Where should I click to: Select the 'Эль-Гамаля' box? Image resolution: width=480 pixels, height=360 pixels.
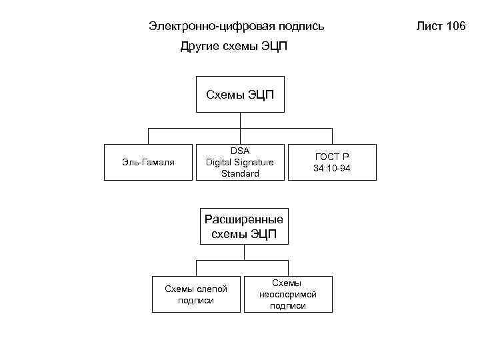149,162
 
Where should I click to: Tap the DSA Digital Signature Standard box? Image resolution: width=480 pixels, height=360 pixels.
240,162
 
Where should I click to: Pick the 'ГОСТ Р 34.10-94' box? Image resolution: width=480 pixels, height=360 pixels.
331,162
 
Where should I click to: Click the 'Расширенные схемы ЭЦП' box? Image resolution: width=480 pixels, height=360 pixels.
244,227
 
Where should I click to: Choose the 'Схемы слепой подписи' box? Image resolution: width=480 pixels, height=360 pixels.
196,294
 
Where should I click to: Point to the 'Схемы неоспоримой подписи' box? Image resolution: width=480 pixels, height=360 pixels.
288,294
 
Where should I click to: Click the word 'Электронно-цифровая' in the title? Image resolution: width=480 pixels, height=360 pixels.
201,27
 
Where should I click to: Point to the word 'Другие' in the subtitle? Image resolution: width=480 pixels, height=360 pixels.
197,48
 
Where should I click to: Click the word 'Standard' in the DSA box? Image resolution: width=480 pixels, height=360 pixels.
240,174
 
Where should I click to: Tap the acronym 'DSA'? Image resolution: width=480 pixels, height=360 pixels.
240,151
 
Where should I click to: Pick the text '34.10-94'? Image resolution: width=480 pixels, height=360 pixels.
332,168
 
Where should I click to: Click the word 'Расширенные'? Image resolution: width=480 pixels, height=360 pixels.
244,219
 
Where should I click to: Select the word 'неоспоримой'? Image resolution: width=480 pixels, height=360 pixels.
288,294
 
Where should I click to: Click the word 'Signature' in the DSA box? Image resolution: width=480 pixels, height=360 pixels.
253,162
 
